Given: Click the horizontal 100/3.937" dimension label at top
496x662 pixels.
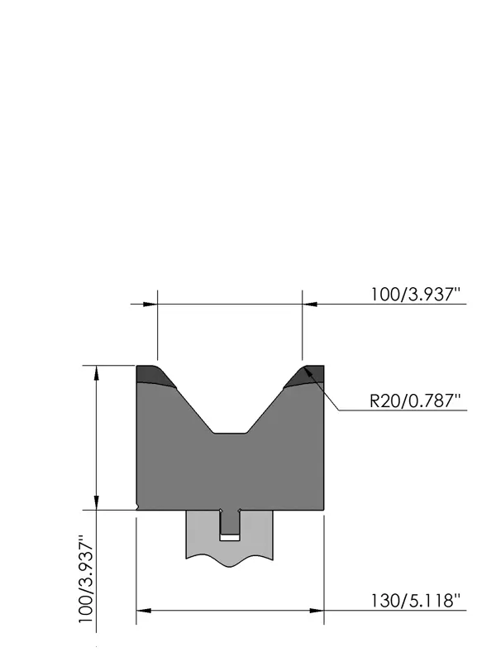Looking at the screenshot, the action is pos(415,294).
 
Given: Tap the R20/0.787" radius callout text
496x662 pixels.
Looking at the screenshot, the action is pos(415,401).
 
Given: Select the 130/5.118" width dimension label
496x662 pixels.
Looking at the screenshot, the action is pos(415,601).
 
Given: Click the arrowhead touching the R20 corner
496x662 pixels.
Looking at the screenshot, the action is pos(310,374).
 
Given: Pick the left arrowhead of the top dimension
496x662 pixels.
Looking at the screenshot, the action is pos(150,304).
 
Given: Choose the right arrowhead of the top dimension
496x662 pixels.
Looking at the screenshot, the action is pos(309,304).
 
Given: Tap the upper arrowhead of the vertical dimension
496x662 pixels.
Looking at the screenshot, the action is pos(97,373).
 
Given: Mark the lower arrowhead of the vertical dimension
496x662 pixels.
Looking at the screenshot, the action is pos(97,502).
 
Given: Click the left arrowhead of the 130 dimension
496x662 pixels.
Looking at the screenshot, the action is pos(144,611).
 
